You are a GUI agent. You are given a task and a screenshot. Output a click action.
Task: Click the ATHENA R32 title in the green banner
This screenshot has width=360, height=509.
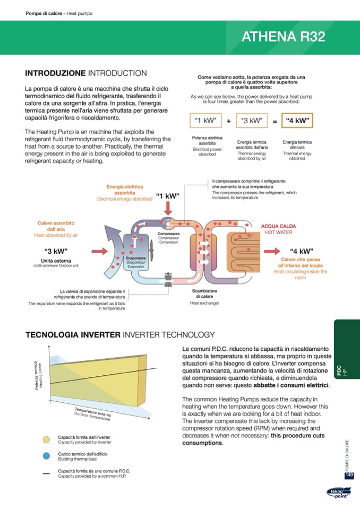pyautogui.click(x=283, y=37)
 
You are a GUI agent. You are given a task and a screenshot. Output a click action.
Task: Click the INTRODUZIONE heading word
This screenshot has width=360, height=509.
pyautogui.click(x=55, y=73)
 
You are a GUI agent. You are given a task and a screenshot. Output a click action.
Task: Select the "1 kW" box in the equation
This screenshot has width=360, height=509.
pyautogui.click(x=205, y=120)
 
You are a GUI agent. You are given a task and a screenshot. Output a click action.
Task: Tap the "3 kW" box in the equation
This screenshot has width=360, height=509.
pyautogui.click(x=251, y=120)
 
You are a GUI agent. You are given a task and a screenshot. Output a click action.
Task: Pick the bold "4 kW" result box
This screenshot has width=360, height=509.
pyautogui.click(x=297, y=120)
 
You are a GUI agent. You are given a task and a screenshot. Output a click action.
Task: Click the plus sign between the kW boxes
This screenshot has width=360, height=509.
pyautogui.click(x=228, y=121)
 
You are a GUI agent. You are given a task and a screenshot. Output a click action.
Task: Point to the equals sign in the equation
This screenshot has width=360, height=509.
pyautogui.click(x=275, y=121)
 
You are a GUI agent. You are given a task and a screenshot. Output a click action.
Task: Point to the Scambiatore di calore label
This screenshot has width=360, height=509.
pyautogui.click(x=204, y=294)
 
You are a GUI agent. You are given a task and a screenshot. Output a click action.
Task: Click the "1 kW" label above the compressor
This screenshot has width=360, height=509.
pyautogui.click(x=168, y=196)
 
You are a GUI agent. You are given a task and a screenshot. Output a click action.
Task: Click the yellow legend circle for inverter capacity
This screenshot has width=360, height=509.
pyautogui.click(x=47, y=439)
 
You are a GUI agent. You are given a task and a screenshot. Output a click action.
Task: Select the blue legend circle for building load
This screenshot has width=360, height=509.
pyautogui.click(x=47, y=456)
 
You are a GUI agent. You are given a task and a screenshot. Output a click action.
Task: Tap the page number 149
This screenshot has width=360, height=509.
pyautogui.click(x=349, y=475)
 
